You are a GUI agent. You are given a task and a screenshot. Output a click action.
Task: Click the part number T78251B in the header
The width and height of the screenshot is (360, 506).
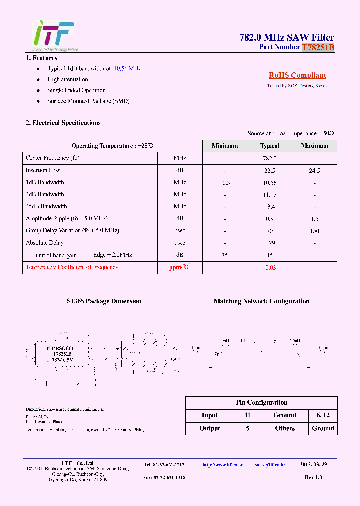click(318, 47)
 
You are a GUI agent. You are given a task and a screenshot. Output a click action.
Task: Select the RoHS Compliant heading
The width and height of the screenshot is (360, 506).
click(297, 75)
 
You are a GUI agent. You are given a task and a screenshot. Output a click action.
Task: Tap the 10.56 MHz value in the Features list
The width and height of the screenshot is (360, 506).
click(127, 68)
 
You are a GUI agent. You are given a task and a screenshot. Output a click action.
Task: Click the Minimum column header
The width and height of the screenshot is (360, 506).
click(225, 146)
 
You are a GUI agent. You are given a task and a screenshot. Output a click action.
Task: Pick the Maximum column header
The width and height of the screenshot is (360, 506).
click(314, 146)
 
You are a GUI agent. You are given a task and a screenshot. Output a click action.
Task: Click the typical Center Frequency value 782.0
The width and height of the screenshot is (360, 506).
click(269, 158)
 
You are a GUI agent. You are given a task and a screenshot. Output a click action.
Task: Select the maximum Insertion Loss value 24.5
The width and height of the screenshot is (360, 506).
click(314, 170)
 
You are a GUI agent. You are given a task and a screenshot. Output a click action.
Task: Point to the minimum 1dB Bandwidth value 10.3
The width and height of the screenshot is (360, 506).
click(225, 183)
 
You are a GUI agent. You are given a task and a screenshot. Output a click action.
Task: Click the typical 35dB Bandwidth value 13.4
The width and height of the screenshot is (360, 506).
click(269, 207)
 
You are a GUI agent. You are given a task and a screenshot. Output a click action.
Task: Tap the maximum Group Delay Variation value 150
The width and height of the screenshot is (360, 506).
click(314, 231)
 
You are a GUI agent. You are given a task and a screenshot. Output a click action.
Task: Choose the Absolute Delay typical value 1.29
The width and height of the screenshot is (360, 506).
click(269, 243)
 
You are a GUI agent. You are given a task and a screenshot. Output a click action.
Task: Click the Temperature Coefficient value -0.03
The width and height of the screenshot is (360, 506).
click(269, 267)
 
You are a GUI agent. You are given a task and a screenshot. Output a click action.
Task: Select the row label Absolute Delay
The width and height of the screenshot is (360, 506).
click(44, 243)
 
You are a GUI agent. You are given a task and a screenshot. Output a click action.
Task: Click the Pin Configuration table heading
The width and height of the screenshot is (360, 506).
click(261, 402)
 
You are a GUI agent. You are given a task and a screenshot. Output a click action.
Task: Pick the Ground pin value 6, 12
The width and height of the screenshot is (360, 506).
click(323, 415)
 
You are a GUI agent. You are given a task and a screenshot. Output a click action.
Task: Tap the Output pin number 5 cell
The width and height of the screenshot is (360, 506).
click(247, 428)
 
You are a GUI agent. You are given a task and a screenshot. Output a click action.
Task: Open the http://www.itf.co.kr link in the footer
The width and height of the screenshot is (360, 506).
click(222, 465)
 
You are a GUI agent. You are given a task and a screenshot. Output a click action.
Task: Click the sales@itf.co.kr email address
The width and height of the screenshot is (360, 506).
click(270, 465)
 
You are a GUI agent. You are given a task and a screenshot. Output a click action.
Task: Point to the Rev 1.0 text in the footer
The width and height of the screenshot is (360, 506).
click(313, 477)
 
